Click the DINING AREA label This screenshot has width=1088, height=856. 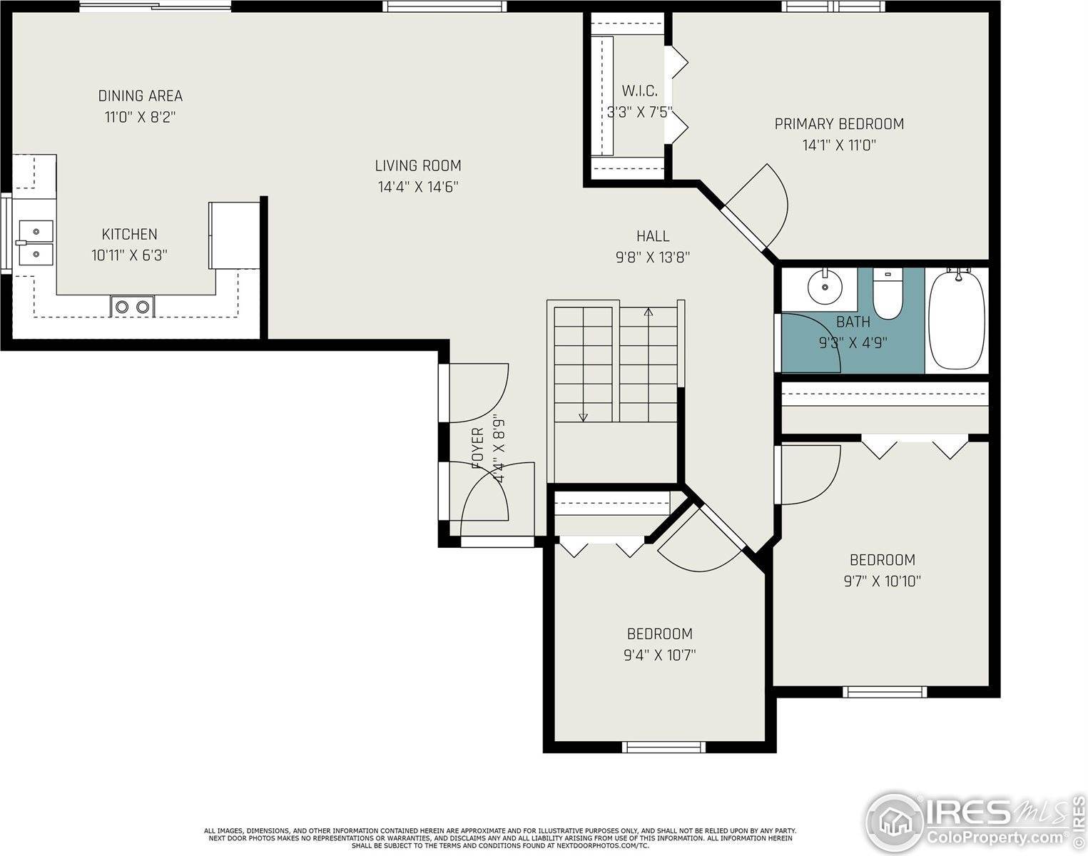(140, 96)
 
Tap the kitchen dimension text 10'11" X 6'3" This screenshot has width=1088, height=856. (129, 255)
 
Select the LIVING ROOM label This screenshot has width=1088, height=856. (418, 165)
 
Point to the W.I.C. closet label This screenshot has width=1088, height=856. (639, 91)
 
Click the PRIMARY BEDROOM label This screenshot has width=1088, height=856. (839, 124)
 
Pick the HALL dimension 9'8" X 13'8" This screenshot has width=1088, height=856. (652, 258)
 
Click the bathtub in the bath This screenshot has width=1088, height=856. (957, 319)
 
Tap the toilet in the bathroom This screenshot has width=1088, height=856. (888, 296)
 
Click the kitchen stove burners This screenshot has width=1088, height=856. (132, 307)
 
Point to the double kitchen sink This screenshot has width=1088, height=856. (35, 243)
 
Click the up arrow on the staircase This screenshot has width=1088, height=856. (648, 312)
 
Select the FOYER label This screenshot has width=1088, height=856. (478, 448)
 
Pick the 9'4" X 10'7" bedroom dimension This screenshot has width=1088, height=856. (659, 655)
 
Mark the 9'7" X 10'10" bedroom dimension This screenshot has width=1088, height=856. (882, 581)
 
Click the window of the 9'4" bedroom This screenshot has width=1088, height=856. (664, 747)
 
